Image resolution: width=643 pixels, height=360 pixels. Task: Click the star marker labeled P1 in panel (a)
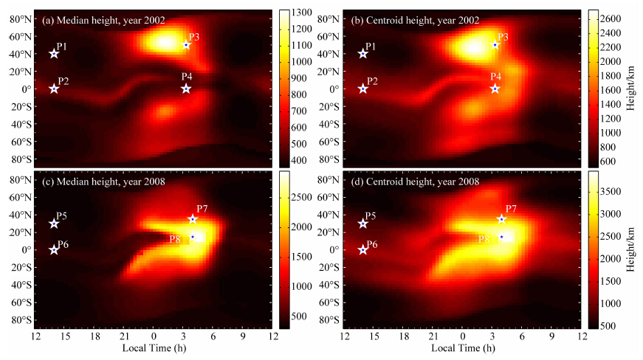54,54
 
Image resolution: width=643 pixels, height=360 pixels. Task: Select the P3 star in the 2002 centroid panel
495,45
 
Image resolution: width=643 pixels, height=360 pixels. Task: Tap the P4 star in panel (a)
186,89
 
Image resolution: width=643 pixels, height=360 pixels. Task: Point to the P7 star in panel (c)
193,219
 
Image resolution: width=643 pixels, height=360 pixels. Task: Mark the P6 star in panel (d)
362,250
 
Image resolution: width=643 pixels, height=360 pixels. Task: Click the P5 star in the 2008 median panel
54,224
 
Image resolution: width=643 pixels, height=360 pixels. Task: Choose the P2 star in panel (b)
362,89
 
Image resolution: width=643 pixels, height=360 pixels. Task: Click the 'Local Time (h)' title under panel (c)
154,349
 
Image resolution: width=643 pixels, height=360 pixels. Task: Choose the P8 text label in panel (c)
175,239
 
